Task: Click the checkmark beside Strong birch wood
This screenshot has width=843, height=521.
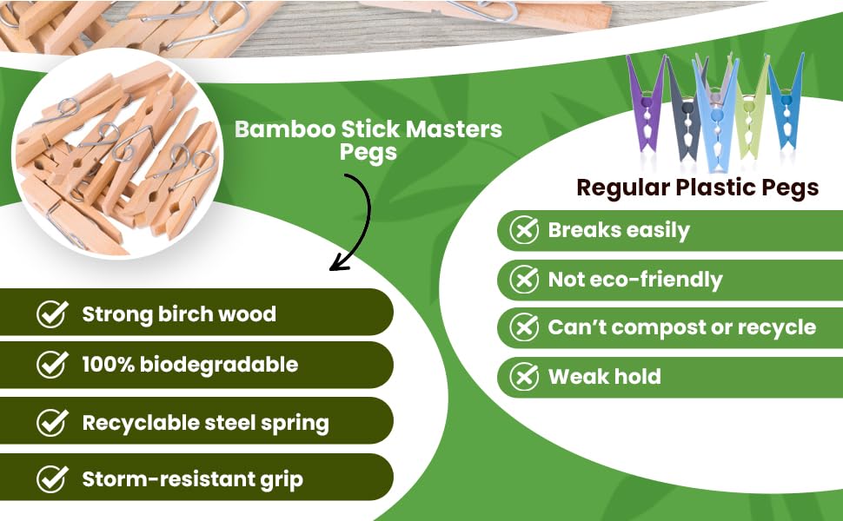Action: [52, 313]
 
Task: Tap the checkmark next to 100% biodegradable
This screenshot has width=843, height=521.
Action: [52, 365]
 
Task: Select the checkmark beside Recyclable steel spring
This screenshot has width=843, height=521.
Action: [52, 423]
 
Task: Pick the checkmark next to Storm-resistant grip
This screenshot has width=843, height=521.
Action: [52, 478]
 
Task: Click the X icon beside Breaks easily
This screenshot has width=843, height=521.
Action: [523, 230]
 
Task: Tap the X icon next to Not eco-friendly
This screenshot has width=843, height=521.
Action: [523, 280]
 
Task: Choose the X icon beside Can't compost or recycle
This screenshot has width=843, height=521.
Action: [523, 327]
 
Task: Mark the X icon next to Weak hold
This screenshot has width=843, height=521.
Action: [523, 376]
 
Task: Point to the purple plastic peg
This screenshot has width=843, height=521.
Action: [647, 109]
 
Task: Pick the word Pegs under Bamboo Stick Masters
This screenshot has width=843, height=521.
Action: [368, 153]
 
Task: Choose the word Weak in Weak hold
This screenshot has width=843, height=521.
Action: [578, 376]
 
